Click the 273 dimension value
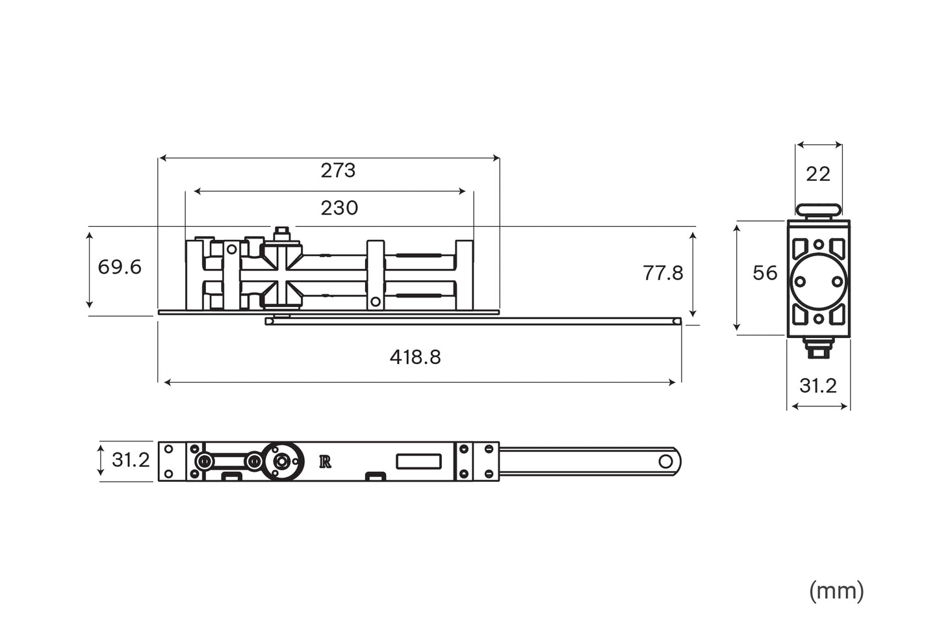tap(338, 170)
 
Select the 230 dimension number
tap(339, 208)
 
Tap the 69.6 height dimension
tap(120, 267)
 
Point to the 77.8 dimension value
tap(663, 273)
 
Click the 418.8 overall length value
tap(415, 357)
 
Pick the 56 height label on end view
tap(765, 273)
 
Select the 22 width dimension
tap(818, 174)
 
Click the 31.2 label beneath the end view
tap(817, 386)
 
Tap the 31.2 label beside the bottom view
tap(131, 460)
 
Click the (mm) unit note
tap(836, 591)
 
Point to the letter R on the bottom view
tap(326, 462)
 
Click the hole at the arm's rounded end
tap(665, 462)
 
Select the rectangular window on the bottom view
tap(419, 462)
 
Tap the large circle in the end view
tap(819, 281)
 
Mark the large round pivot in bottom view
tap(282, 461)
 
